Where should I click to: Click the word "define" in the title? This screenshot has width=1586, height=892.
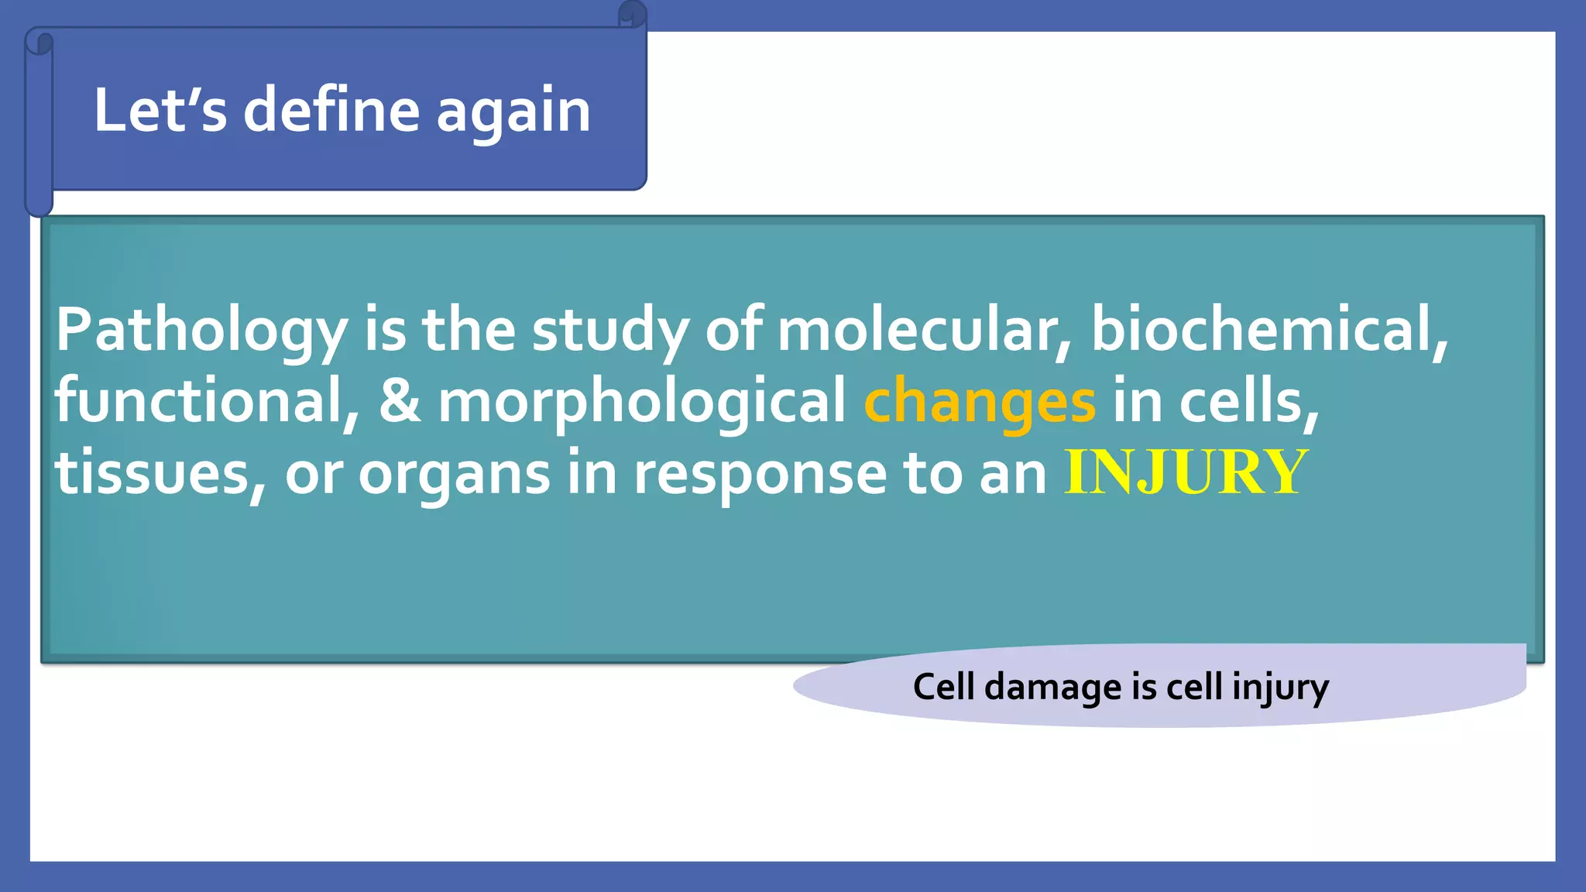tap(332, 110)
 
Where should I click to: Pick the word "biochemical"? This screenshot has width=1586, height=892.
tap(1268, 330)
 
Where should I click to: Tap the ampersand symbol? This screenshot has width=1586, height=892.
tap(400, 401)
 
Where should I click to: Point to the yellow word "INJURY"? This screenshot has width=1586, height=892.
tap(1186, 472)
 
